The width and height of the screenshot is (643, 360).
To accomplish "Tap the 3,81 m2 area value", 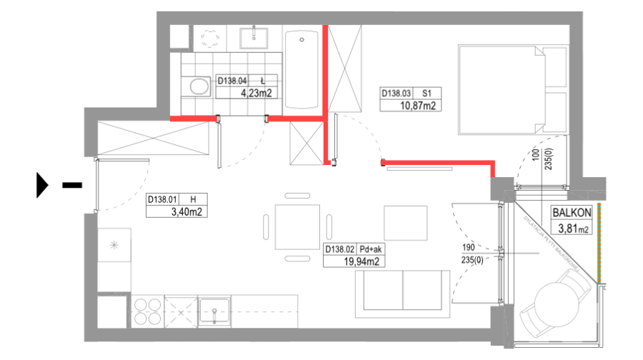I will [573, 229].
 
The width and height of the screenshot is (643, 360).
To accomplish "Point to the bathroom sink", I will [253, 36].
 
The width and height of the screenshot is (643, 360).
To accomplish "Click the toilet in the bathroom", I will [199, 87].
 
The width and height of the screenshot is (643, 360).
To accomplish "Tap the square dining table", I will [297, 226].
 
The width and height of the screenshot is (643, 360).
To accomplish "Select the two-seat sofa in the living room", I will [403, 294].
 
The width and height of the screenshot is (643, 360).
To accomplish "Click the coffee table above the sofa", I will [405, 223].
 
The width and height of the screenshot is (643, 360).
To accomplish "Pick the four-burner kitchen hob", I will [147, 311].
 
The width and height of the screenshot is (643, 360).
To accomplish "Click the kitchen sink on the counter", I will [214, 311].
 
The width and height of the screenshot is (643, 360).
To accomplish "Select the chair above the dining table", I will [297, 195].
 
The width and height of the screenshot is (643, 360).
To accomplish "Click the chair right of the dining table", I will [329, 226].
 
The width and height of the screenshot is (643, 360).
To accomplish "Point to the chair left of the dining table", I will [266, 226].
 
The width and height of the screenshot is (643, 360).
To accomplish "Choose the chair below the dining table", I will [297, 258].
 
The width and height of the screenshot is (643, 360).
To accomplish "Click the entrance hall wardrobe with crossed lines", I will [154, 138].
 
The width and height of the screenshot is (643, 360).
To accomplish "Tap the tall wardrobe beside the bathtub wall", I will [345, 69].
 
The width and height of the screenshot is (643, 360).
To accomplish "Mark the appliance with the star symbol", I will [114, 245].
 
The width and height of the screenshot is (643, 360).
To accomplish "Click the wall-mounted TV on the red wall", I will [419, 169].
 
